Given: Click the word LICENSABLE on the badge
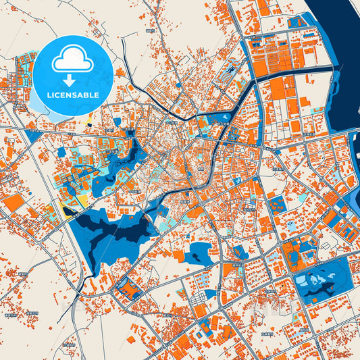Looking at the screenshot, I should tap(72, 95).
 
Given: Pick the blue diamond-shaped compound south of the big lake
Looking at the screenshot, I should tap(128, 289).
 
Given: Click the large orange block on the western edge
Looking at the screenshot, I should tap(12, 203).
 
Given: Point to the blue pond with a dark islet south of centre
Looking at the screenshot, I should tap(201, 253).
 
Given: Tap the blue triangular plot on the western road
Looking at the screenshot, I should tap(34, 135).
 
